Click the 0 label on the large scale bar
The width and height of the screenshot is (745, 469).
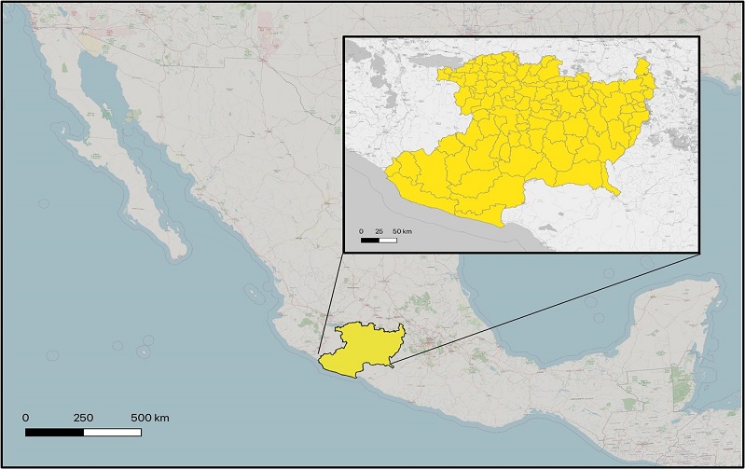pos(25,417)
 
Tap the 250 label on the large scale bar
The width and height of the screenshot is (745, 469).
pos(83,417)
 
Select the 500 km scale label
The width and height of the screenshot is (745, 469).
pos(149,417)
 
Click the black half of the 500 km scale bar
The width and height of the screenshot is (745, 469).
pos(54,432)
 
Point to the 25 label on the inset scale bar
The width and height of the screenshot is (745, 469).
pos(379,230)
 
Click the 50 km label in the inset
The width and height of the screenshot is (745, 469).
pos(402,230)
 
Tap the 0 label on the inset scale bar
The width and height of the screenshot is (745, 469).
pos(361,230)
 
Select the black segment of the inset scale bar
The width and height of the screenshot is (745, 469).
pos(370,240)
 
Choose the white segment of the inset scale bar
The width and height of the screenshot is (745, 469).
pos(388,240)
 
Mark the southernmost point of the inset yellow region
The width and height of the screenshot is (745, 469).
pos(504,226)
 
